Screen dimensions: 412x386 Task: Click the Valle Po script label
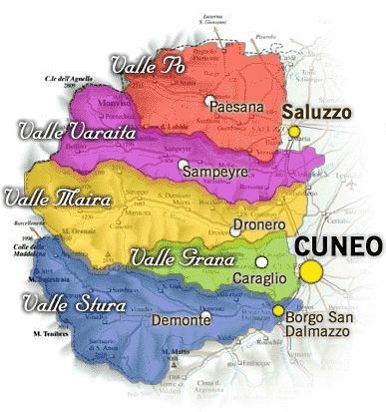[x=151, y=66]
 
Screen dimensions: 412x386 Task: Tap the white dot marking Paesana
[x=210, y=101]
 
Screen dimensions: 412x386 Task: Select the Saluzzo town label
[x=317, y=114]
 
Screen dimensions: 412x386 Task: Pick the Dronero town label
[x=257, y=226]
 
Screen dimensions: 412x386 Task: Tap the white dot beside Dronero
[x=234, y=228]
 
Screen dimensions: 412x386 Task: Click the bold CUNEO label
[x=337, y=243]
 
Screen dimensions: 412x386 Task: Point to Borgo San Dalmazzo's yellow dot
[x=278, y=311]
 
